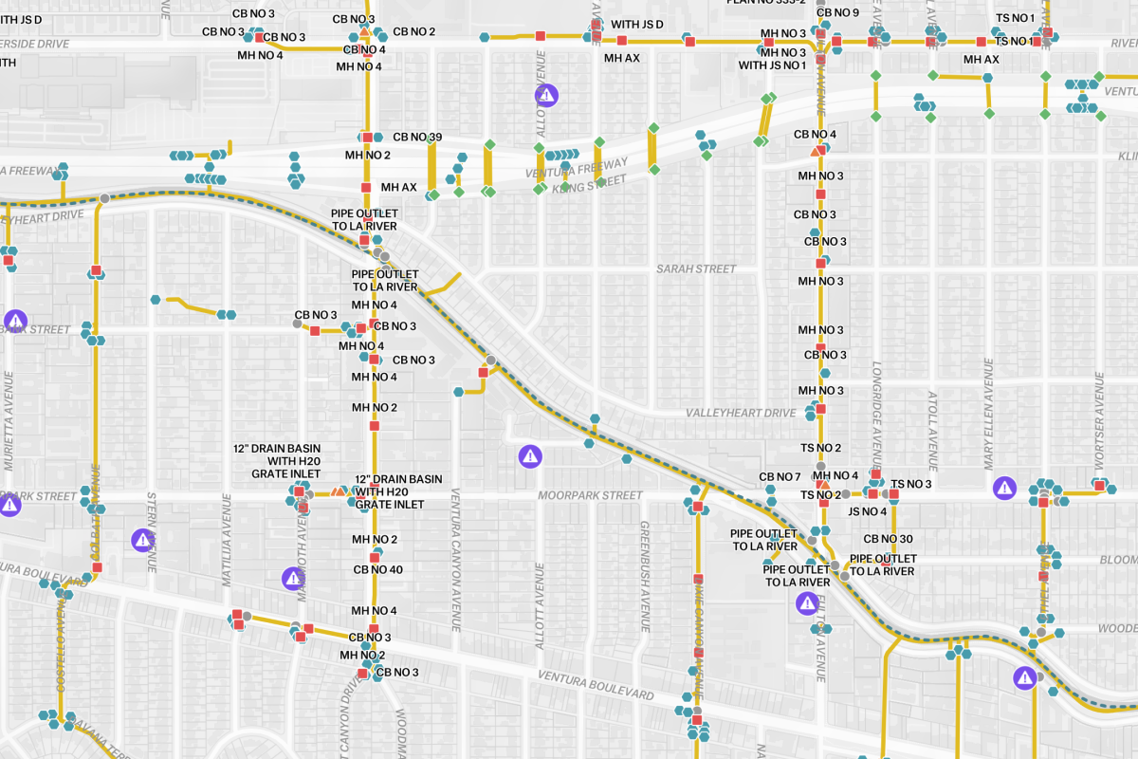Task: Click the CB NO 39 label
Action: [x=417, y=138]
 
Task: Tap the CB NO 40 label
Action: [x=378, y=570]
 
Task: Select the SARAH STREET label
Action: [x=696, y=269]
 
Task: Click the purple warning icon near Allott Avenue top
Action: [x=546, y=95]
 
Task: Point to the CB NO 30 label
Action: [x=888, y=539]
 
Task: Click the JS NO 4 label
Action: [x=867, y=511]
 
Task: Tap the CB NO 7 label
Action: [x=780, y=476]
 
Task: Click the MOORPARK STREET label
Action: [x=590, y=495]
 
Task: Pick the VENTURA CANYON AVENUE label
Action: [x=455, y=560]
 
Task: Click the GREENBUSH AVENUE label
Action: [x=644, y=576]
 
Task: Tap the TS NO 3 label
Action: [x=910, y=485]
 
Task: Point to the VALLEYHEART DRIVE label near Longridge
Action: [x=741, y=414]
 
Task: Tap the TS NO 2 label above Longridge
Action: [x=820, y=448]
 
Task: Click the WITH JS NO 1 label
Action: [x=772, y=65]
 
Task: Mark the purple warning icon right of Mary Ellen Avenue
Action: [x=1003, y=488]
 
